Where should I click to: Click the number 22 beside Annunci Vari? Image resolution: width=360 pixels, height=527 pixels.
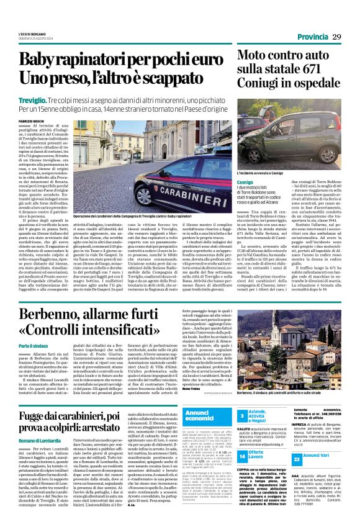click(x=297, y=458)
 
